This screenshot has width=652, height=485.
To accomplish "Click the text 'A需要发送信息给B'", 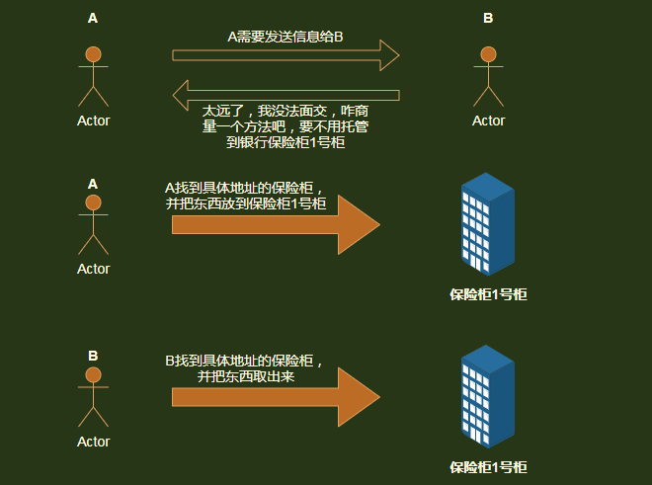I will coord(285,38).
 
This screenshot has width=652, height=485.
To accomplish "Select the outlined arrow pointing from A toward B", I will coord(285,55).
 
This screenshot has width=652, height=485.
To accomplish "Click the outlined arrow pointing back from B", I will coord(285,95).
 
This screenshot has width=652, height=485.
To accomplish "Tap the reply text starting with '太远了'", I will coord(285,126).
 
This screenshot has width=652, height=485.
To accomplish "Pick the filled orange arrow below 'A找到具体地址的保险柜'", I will coord(276,225).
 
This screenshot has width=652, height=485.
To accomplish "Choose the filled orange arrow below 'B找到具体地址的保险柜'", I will coord(276,397).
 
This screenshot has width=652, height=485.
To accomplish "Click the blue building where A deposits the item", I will coord(487,224).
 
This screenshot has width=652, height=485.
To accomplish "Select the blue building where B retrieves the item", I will coord(487,395).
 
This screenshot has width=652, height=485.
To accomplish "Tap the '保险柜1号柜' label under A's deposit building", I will coord(488,293).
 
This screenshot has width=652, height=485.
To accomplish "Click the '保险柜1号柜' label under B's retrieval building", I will coord(488,466).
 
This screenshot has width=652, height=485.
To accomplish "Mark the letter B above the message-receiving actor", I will coord(488,18).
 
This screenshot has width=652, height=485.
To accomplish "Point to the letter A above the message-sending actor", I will coord(93,18).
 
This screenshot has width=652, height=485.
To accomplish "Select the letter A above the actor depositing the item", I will coord(93,183).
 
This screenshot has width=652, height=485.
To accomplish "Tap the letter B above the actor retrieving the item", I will coord(93,356).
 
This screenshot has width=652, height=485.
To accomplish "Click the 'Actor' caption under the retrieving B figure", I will coord(94,442).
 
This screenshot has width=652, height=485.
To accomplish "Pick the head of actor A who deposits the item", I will coord(94,202).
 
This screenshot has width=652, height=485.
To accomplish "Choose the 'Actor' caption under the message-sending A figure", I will coord(94,121).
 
